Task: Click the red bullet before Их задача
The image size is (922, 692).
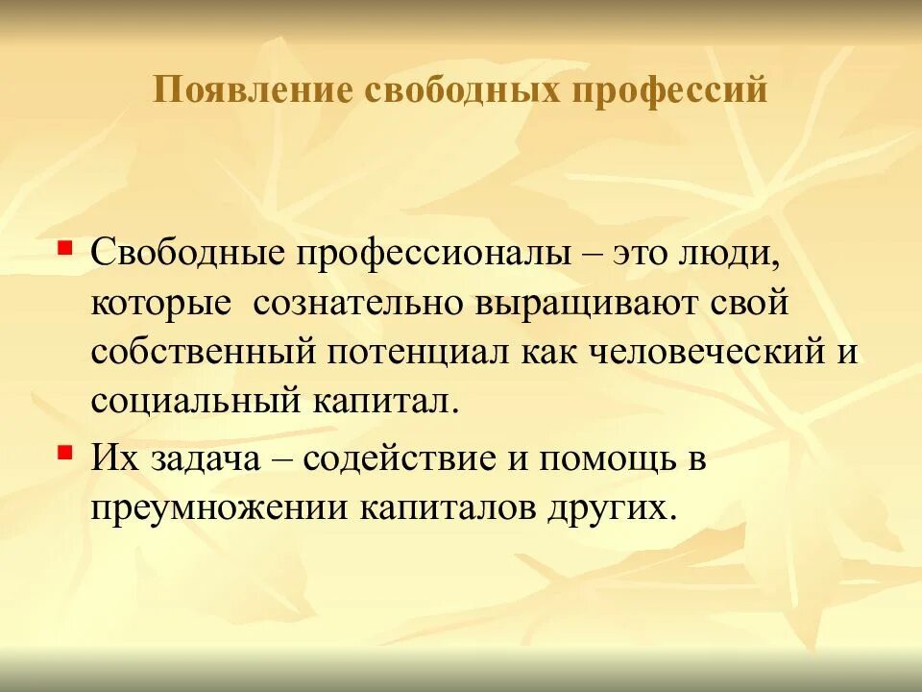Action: pyautogui.click(x=64, y=450)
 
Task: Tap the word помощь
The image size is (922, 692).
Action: pyautogui.click(x=603, y=458)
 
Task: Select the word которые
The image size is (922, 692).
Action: pyautogui.click(x=161, y=305)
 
